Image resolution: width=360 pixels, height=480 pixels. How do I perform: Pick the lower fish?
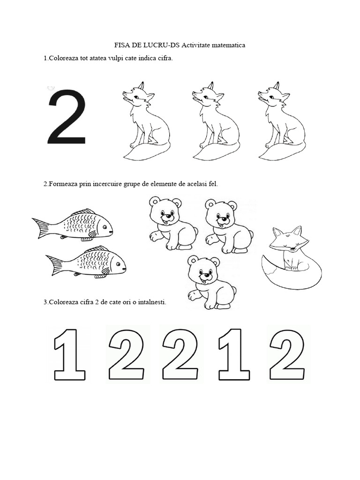(86, 262)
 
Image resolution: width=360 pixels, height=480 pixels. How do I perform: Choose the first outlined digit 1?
(69, 354)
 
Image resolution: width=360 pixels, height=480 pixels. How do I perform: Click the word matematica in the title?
(228, 45)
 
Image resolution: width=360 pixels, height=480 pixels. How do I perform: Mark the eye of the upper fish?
(105, 227)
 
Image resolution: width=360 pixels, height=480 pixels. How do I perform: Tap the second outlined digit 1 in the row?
(234, 354)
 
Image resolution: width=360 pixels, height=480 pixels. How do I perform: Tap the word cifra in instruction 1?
(165, 58)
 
